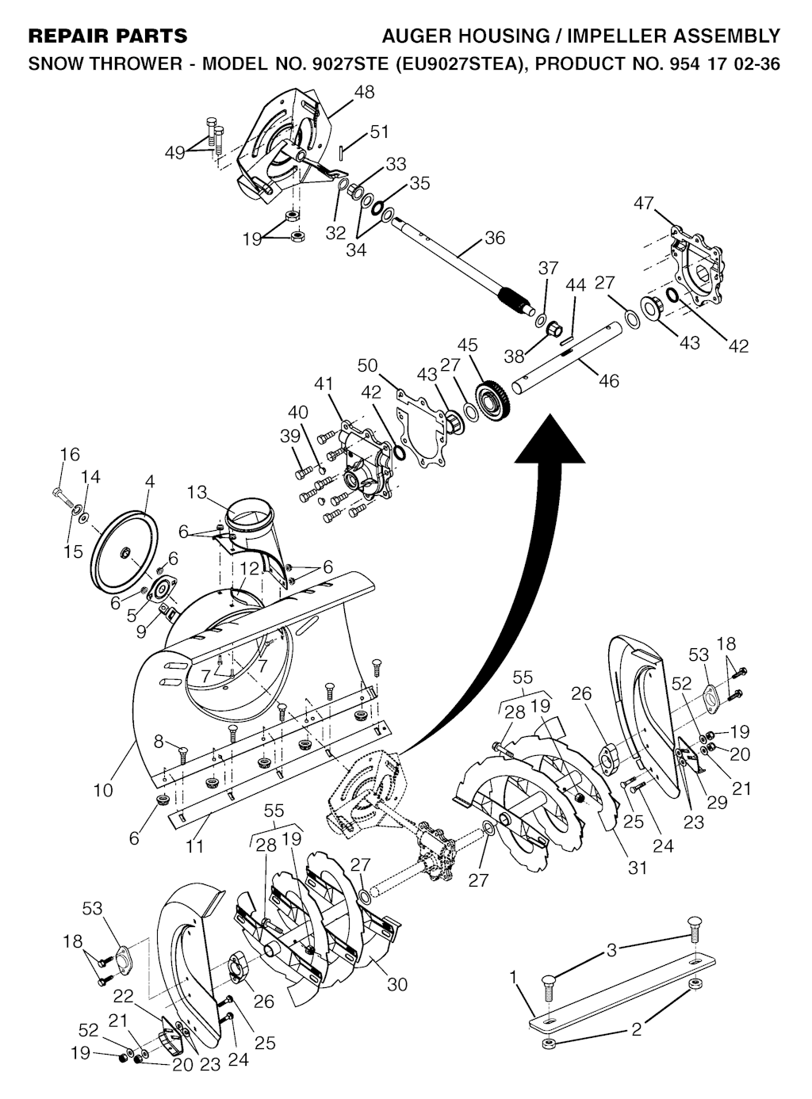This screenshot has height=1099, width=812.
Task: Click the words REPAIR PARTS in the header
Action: [x=108, y=36]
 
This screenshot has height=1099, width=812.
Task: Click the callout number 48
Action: [x=365, y=92]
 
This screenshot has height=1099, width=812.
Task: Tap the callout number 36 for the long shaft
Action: [x=494, y=238]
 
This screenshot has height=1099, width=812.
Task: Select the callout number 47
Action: [x=645, y=203]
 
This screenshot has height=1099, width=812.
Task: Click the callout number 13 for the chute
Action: [x=197, y=493]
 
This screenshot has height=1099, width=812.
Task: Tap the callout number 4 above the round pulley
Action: [x=150, y=480]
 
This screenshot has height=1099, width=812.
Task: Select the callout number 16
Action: [x=70, y=454]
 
